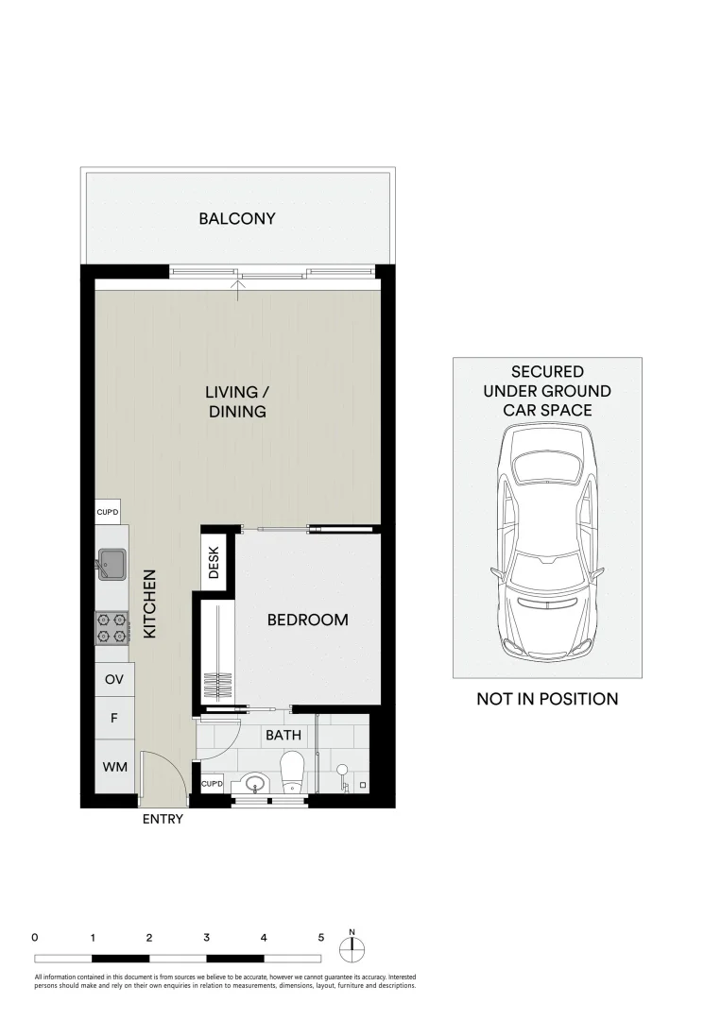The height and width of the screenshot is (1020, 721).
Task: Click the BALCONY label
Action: (x=237, y=218)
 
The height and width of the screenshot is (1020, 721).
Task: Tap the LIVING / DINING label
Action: (x=237, y=401)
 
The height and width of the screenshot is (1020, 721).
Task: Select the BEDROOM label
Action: (x=307, y=620)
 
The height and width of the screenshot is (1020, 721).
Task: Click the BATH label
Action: (x=283, y=734)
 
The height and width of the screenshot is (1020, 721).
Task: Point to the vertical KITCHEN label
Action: (x=149, y=605)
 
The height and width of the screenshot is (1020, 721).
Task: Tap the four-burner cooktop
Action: (x=111, y=628)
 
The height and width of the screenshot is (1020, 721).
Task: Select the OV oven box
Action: (x=113, y=680)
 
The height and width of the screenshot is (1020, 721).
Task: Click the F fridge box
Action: (x=113, y=719)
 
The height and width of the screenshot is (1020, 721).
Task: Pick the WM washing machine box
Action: (x=113, y=767)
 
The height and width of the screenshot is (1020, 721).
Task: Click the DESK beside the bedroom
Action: (x=214, y=563)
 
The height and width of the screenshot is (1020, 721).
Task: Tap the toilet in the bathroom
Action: (x=293, y=771)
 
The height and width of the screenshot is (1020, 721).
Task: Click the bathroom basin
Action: (x=252, y=783)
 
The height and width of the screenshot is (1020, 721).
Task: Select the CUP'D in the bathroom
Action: (x=213, y=785)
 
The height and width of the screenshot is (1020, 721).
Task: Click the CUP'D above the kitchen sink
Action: (x=108, y=512)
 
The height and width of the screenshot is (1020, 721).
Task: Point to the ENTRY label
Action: (x=163, y=820)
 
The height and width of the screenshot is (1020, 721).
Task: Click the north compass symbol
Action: (x=352, y=947)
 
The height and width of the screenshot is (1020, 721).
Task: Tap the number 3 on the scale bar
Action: (x=206, y=938)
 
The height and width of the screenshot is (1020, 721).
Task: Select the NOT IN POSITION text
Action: (x=547, y=699)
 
